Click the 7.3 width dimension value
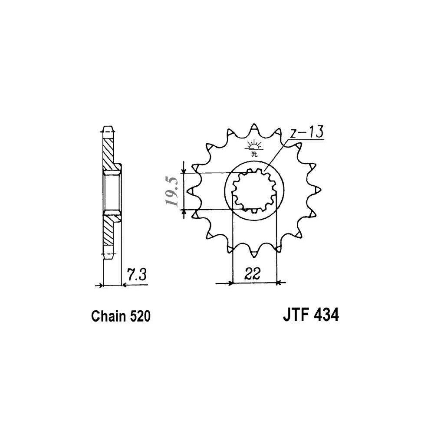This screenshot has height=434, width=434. click(136, 274)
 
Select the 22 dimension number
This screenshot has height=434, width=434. click(253, 274)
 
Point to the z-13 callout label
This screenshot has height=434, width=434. click(306, 132)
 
